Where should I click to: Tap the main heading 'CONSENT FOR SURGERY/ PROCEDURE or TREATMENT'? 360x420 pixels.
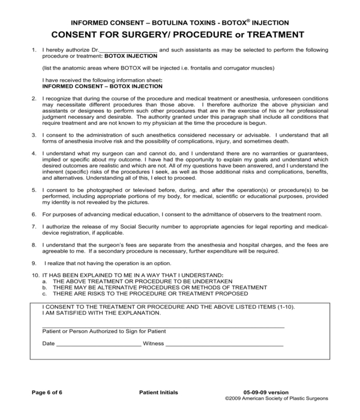[x=179, y=35]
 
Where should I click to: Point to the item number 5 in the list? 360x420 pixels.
[x=34, y=189]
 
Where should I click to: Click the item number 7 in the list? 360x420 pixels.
[x=34, y=227]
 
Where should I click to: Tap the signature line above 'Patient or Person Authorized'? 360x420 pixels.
[x=163, y=326]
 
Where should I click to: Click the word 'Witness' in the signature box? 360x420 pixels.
[x=153, y=344]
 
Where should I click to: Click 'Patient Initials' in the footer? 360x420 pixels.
[x=153, y=392]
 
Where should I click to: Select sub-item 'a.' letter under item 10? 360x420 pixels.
[x=44, y=281]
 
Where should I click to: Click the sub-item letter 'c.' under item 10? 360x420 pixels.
[x=44, y=294]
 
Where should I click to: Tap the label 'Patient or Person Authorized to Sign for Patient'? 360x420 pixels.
[x=104, y=331]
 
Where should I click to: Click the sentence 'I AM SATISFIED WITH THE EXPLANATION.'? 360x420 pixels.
[x=101, y=313]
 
